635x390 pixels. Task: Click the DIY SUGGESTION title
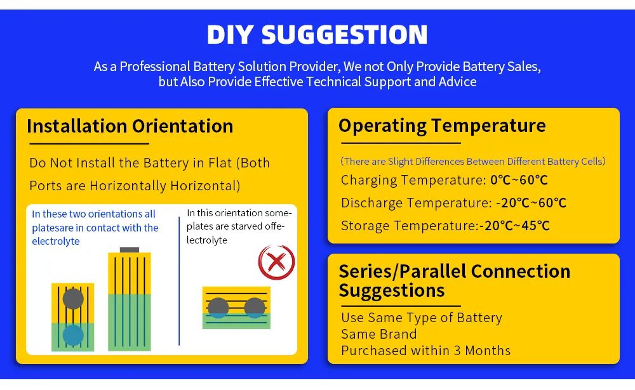tap(317, 34)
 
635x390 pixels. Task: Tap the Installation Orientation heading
tap(130, 126)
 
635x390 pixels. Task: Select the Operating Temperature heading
tap(442, 126)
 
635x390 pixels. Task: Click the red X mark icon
tap(277, 262)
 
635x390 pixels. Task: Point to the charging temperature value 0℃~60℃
tap(519, 180)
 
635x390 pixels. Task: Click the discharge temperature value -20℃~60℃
tap(531, 203)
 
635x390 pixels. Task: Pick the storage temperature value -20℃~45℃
tap(514, 226)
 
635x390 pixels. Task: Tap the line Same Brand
tap(378, 334)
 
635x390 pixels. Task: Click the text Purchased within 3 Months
tap(425, 350)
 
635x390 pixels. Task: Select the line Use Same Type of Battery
tap(422, 318)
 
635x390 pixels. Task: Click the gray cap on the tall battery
tap(130, 250)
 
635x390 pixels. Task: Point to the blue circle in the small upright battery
tap(73, 335)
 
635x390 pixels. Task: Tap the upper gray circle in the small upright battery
tap(73, 299)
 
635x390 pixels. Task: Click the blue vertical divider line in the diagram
tap(179, 281)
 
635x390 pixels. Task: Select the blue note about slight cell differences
tap(473, 162)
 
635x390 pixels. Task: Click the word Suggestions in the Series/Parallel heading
tap(392, 291)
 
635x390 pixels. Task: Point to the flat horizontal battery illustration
tap(236, 308)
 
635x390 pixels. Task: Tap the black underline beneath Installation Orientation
tap(89, 143)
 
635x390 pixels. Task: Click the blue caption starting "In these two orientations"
tap(95, 228)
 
